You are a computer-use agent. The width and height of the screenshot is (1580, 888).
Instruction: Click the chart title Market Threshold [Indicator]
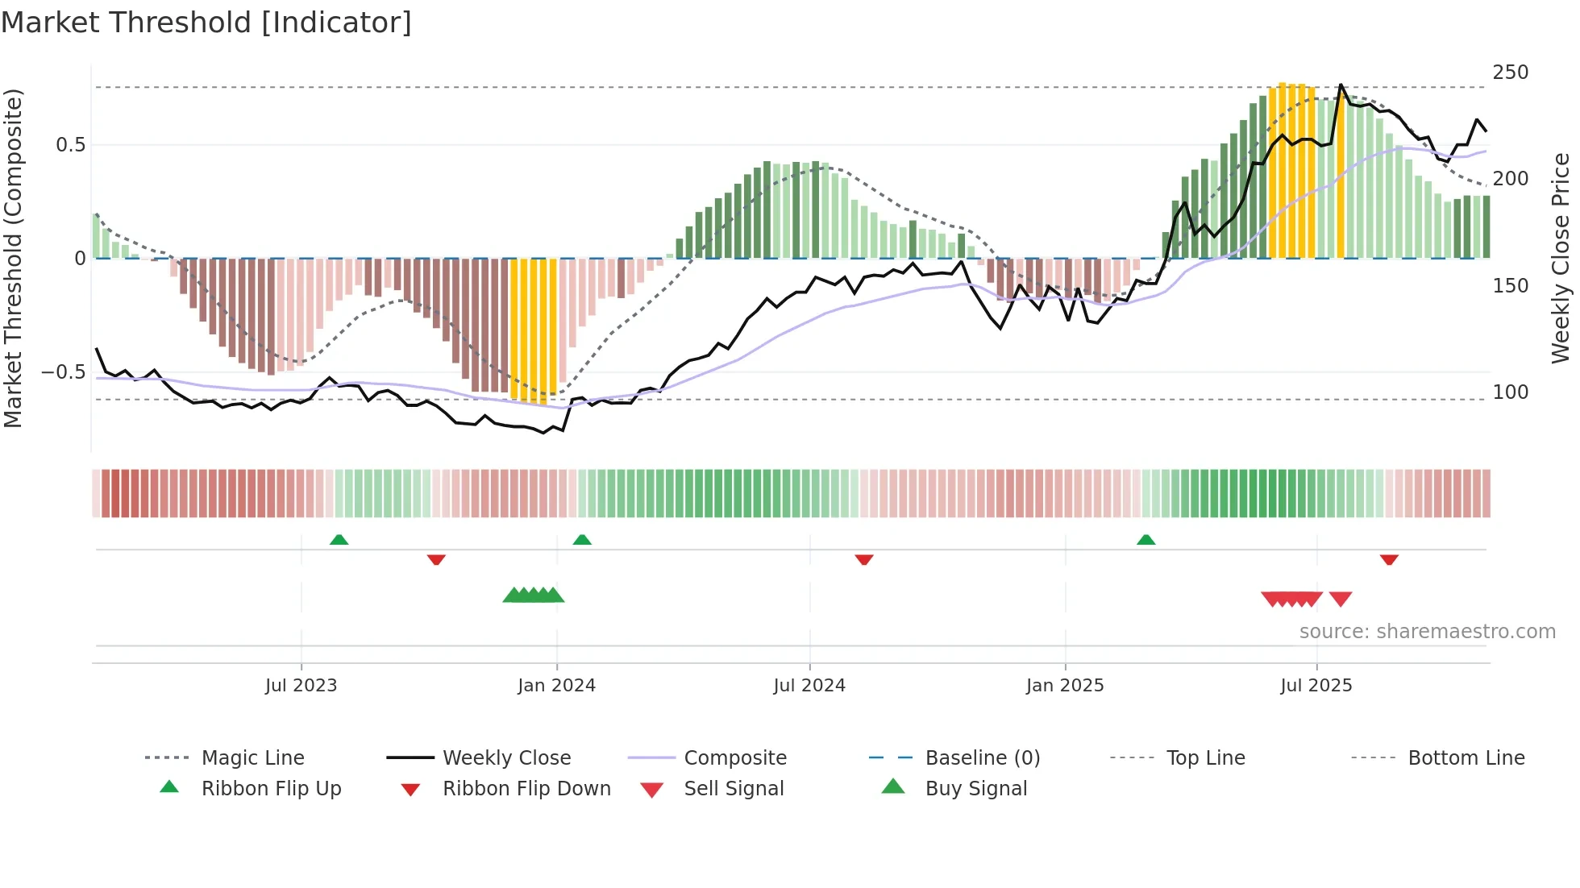(206, 23)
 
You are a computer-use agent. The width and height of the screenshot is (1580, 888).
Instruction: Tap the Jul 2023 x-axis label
(301, 686)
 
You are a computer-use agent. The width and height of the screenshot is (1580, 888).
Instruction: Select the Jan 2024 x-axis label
(556, 686)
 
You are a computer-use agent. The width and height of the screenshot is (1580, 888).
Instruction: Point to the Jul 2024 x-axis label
(809, 686)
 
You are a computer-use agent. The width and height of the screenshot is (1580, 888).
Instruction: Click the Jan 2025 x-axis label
(1065, 686)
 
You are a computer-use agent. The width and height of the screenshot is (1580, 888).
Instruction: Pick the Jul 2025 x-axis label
(1316, 686)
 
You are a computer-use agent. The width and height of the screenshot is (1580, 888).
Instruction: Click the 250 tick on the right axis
(1510, 73)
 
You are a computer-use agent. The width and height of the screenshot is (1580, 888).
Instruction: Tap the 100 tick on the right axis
(1510, 392)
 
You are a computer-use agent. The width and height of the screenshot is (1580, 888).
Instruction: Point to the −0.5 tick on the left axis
(63, 372)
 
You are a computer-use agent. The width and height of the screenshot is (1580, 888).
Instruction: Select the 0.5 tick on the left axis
(70, 145)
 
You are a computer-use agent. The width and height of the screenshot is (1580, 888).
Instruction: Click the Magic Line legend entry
(252, 758)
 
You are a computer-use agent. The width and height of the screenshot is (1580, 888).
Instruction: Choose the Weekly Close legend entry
(506, 758)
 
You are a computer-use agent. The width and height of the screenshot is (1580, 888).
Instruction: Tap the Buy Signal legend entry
(975, 789)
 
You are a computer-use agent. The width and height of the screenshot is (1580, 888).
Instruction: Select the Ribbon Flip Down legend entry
(526, 789)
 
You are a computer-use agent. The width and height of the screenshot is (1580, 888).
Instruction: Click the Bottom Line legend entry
(1466, 758)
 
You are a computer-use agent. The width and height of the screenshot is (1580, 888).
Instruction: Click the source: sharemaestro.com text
(1427, 632)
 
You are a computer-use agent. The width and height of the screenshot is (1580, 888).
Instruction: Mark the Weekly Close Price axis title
(1561, 258)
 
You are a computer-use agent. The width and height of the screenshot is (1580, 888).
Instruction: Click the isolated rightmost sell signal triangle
(1340, 599)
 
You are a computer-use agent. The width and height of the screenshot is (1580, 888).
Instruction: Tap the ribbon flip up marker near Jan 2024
(582, 540)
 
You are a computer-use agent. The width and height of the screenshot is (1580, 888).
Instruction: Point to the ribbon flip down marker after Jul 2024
(864, 559)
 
